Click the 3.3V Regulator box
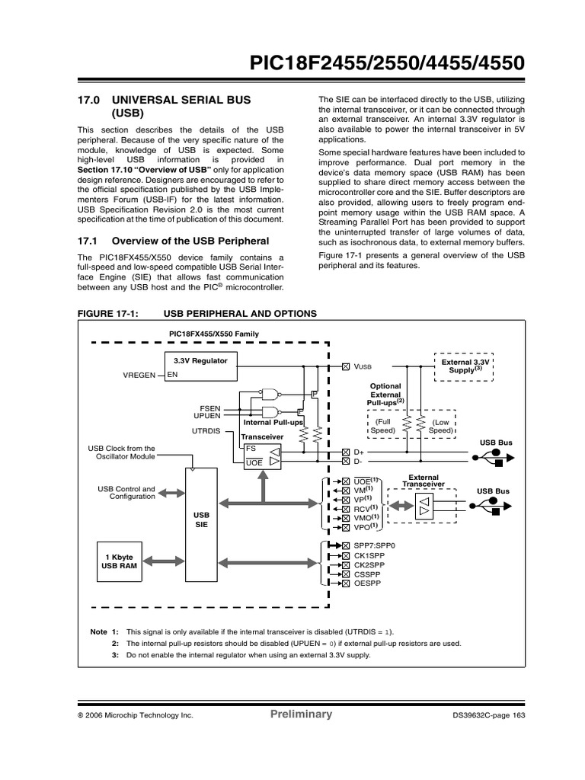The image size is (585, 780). pos(200,365)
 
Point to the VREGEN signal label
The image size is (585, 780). pos(139,376)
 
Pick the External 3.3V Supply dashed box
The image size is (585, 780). pos(462,365)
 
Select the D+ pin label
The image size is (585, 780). pos(358,452)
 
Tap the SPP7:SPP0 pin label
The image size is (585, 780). pos(371,546)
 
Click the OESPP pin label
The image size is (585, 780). pos(366,583)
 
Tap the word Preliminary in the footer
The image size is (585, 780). pos(301,714)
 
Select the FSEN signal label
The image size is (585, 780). pos(210,408)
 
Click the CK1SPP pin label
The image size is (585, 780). pos(367,556)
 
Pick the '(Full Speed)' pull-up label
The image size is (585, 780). pos(383,426)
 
